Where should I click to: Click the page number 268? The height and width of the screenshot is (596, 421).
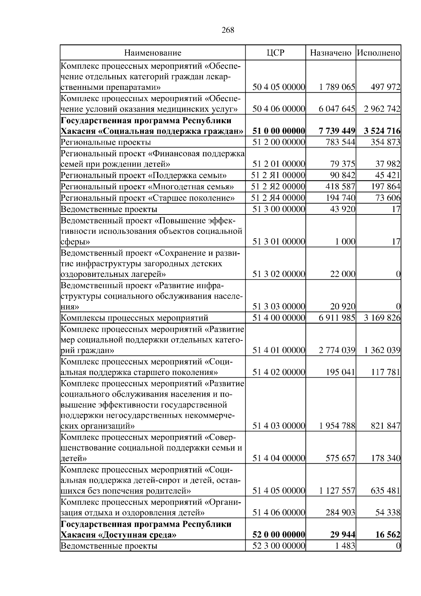(x=228, y=30)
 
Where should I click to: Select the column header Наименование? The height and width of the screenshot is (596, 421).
(x=153, y=53)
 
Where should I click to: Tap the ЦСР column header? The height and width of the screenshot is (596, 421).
(x=275, y=53)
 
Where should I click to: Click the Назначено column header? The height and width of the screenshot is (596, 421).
(x=330, y=53)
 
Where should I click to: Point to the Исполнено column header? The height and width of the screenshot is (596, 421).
(x=379, y=53)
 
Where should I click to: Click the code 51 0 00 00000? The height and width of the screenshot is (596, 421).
(x=279, y=131)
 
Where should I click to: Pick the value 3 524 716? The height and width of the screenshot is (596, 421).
(x=382, y=131)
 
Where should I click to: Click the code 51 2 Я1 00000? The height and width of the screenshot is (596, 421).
(x=279, y=175)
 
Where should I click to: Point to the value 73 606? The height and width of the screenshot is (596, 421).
(x=388, y=198)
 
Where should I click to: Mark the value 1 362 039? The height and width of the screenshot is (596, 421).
(x=382, y=350)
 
